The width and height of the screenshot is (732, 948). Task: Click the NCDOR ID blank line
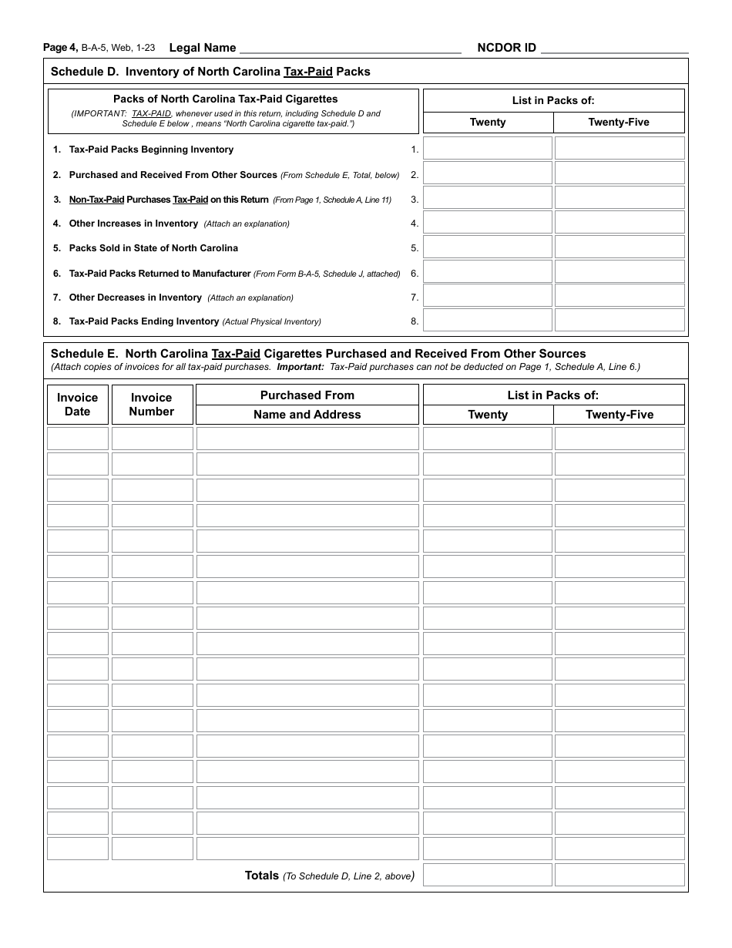(614, 48)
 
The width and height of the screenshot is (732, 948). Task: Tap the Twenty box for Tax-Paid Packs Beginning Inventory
(488, 149)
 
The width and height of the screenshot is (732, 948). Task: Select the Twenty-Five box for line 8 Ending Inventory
(620, 321)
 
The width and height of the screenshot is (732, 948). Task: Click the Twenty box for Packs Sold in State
(488, 247)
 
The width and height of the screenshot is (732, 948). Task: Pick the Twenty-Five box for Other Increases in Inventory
(620, 223)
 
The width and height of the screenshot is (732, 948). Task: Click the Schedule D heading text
(210, 72)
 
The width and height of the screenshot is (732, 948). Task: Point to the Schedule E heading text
(318, 354)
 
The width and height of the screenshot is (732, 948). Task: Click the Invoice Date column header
(78, 404)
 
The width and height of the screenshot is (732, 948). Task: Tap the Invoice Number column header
(152, 404)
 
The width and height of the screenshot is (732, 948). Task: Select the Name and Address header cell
(307, 415)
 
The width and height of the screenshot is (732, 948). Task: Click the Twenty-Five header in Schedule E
(620, 415)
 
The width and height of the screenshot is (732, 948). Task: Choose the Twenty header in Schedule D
(488, 123)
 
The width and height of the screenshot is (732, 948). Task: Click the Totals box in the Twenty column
(488, 875)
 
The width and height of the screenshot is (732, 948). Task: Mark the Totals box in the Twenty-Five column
(620, 875)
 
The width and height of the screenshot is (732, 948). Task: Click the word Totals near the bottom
(262, 875)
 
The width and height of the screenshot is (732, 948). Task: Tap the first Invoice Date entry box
(78, 439)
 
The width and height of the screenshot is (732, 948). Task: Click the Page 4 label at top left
(60, 48)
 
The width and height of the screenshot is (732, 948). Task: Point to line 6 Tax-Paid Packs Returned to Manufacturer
(159, 274)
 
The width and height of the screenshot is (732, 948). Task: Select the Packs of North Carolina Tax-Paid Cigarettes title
(226, 99)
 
